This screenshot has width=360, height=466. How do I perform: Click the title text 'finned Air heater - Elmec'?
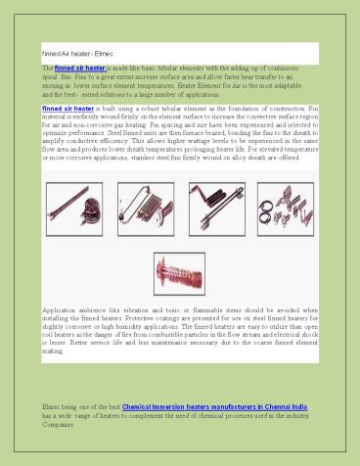point(77,50)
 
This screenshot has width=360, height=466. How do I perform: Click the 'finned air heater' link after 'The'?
point(79,68)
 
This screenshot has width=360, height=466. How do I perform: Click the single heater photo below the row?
point(178,273)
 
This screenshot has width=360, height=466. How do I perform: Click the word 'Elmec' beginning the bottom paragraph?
point(52,403)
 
